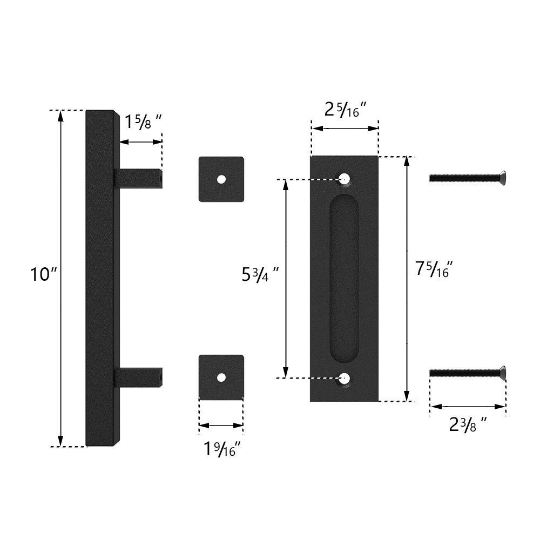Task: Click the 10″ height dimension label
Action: coord(43,274)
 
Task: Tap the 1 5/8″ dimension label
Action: coord(143,122)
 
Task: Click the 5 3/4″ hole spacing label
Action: coord(260,274)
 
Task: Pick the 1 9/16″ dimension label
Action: coord(222,449)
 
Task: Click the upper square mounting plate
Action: coord(221,179)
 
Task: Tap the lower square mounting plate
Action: coord(221,377)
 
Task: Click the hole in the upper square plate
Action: coord(221,179)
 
